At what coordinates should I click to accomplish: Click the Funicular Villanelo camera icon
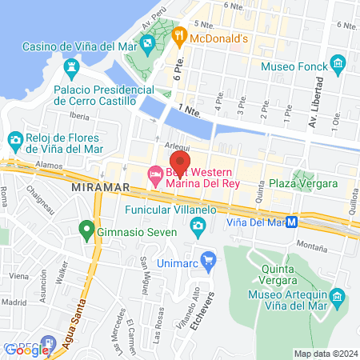[x=197, y=230]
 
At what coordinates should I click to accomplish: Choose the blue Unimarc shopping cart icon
[x=209, y=259]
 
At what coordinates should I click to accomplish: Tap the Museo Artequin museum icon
[x=338, y=300]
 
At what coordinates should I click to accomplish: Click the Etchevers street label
[x=233, y=302]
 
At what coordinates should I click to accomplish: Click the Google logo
[x=26, y=350]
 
